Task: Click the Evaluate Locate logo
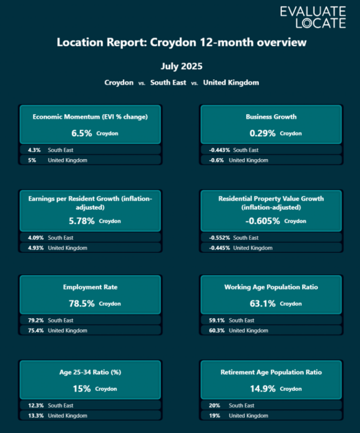coord(313,17)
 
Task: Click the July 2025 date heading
coord(181,66)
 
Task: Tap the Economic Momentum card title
coord(90,117)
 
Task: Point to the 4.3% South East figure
coord(27,150)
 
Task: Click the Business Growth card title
coord(271,117)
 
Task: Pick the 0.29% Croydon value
coord(263,133)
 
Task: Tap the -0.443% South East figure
coord(219,150)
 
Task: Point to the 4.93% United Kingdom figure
coord(30,248)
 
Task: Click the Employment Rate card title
coord(90,287)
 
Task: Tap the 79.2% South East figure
coord(30,320)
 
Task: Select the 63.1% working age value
coord(262,304)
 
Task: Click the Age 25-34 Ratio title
coord(90,372)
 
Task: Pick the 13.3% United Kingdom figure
coord(30,416)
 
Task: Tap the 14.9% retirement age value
coord(262,389)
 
